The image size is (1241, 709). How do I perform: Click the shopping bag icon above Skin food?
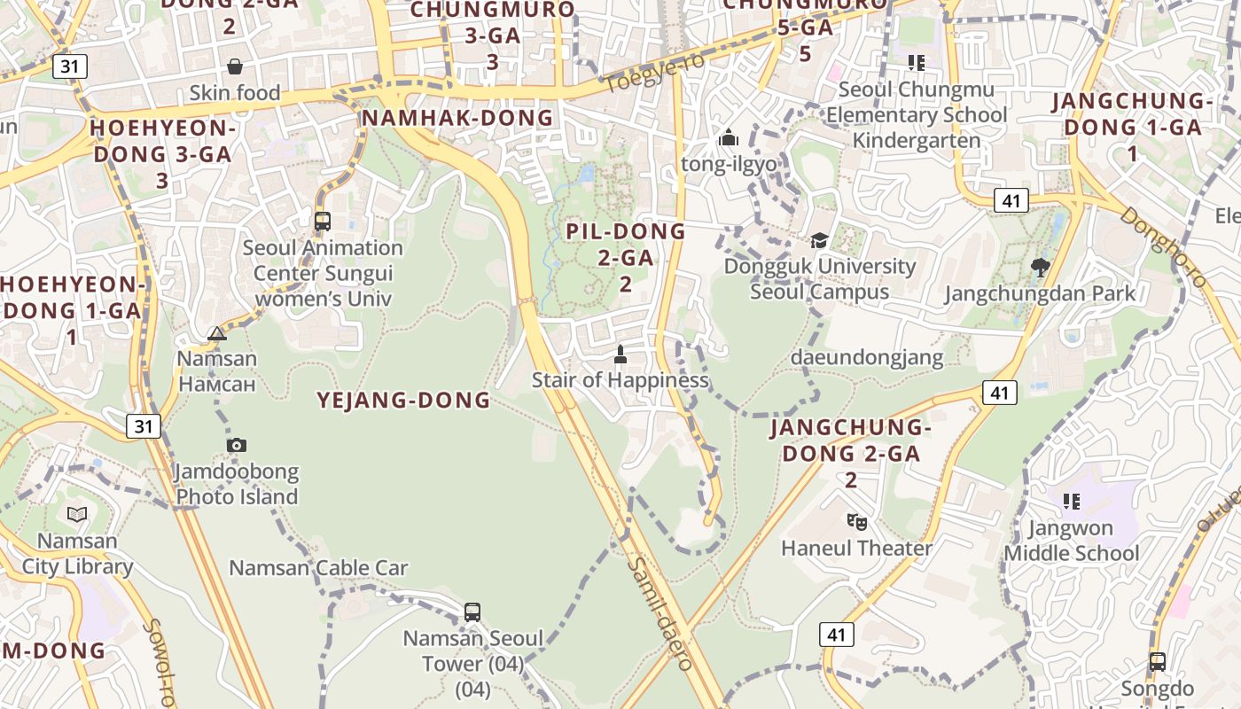235,66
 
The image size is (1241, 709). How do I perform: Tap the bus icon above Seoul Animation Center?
323,222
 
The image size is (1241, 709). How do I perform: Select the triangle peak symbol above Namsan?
217,333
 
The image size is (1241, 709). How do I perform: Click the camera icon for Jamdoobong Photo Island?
236,445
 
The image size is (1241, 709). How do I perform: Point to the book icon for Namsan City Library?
77,514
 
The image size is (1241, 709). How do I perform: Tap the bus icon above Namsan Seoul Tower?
472,612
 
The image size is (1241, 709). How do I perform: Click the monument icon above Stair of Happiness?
620,354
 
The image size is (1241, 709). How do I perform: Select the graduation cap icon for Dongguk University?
819,240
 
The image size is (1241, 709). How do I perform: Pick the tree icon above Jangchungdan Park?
1041,267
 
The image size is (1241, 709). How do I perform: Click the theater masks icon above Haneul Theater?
855,521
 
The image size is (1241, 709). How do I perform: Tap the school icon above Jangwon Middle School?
1072,502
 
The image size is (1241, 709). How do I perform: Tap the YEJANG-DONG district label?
403,400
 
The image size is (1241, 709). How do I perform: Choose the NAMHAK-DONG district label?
457,117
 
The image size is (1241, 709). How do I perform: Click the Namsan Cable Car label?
318,568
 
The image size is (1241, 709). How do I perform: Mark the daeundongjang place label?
866,357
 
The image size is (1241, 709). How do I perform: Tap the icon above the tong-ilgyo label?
729,137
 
